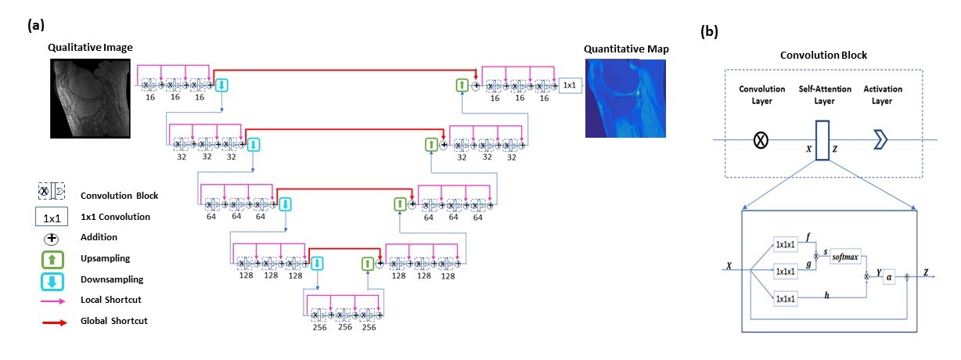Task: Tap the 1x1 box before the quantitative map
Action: [569, 83]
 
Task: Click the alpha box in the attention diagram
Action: [889, 276]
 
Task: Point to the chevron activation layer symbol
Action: [882, 140]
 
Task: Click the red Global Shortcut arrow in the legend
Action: [53, 321]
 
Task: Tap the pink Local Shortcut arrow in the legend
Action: [53, 301]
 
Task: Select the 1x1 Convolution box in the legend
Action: [53, 217]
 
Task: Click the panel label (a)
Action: [36, 25]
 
